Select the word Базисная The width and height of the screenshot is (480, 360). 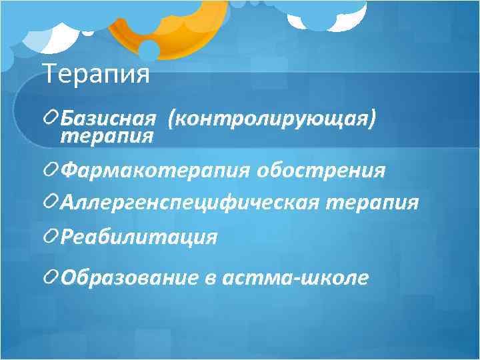[x=108, y=119]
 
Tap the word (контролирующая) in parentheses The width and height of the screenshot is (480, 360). [x=272, y=119]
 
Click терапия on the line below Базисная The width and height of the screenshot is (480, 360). [x=107, y=136]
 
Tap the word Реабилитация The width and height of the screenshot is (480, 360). [x=139, y=237]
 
